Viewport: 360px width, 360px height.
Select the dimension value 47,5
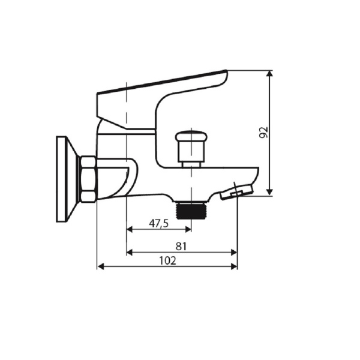[x=158, y=223]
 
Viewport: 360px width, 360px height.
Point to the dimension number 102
[x=167, y=260]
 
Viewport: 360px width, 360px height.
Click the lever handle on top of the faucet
[x=162, y=87]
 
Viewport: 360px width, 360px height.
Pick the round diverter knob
[x=190, y=144]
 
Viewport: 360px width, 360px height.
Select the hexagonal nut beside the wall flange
[x=88, y=179]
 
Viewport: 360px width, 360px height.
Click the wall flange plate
[x=62, y=179]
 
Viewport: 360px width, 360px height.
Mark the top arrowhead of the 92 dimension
[x=270, y=74]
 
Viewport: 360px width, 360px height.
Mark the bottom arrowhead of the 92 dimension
[x=270, y=191]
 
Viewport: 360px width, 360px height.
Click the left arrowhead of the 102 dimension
[x=100, y=266]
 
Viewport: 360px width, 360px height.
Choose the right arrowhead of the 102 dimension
[x=234, y=266]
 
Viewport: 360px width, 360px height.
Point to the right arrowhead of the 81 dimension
[x=234, y=253]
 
